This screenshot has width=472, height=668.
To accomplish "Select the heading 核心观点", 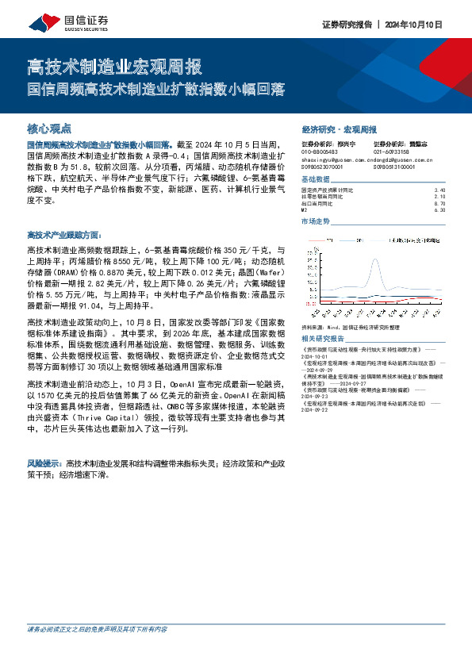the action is [48, 128].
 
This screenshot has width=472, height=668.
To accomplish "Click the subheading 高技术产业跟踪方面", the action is [64, 236].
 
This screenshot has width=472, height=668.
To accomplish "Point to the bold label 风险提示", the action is [44, 462].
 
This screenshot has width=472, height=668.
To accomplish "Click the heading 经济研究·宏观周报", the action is [340, 129].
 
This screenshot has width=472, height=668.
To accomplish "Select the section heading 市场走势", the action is [316, 221].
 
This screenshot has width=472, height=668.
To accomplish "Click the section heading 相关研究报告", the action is [322, 338].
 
